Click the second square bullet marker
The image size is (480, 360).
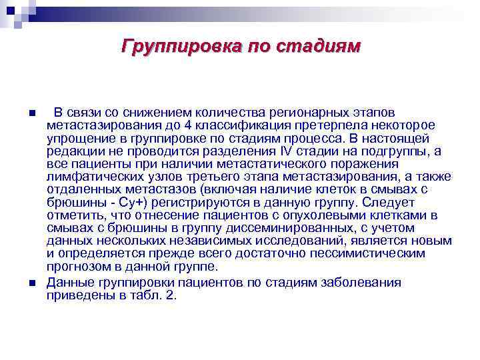point(33,283)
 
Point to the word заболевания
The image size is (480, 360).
point(363,282)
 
